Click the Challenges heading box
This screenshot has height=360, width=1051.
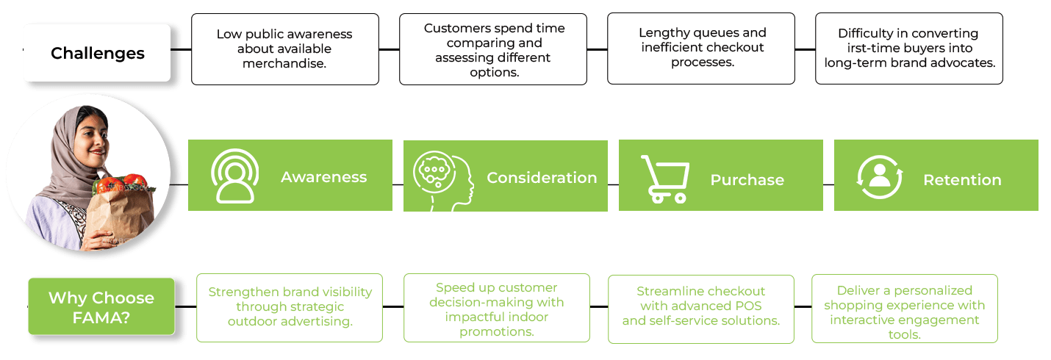tap(97, 53)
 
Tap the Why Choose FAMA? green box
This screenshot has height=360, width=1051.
tap(101, 306)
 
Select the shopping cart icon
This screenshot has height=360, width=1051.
tap(664, 179)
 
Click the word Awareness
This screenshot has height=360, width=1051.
tap(323, 177)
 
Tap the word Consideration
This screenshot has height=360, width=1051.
tap(542, 178)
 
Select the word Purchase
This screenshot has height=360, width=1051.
tap(747, 180)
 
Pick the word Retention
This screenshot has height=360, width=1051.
tap(962, 180)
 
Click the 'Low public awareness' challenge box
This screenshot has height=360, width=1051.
tap(284, 48)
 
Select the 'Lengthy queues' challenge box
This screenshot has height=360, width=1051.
tap(701, 48)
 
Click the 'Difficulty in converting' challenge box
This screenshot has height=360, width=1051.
tap(909, 48)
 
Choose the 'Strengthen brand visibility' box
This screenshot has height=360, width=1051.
tap(290, 307)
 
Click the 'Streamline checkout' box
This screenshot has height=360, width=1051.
tap(701, 306)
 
